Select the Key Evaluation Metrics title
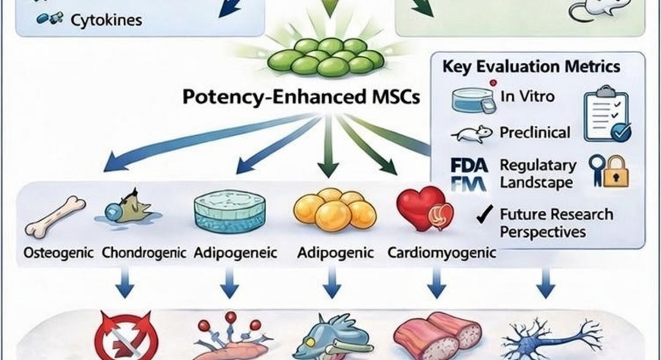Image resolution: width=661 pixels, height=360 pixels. [x=530, y=66]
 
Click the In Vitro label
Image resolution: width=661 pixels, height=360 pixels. [x=529, y=96]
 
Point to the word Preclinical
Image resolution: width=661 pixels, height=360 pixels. [x=535, y=132]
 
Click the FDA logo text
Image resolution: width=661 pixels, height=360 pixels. [x=465, y=166]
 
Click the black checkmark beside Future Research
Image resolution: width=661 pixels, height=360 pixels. [x=481, y=215]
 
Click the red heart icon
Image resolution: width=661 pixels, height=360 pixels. [x=422, y=209]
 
